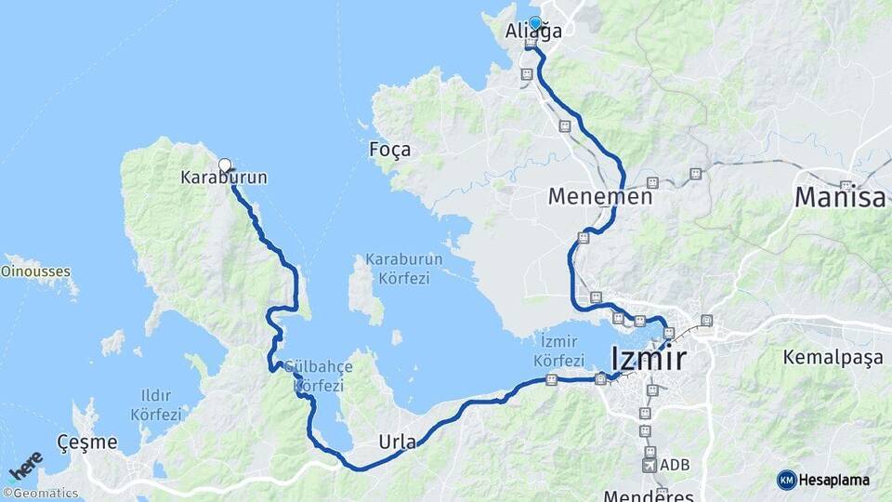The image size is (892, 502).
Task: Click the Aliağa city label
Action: click(532, 33)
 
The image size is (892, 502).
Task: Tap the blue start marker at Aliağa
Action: click(535, 22)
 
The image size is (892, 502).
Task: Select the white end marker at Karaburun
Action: click(224, 165)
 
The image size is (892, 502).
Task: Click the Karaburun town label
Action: click(211, 177)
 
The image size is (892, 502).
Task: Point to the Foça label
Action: click(389, 149)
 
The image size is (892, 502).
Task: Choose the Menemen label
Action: click(599, 197)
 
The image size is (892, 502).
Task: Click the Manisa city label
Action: click(840, 198)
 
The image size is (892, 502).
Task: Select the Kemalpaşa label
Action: click(832, 357)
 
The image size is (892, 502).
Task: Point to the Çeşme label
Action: click(85, 442)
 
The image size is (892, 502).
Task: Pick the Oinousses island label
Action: click(36, 272)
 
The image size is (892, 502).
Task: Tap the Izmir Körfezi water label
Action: click(559, 352)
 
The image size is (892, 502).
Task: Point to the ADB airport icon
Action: click(650, 464)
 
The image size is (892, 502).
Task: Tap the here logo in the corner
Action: click(26, 465)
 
